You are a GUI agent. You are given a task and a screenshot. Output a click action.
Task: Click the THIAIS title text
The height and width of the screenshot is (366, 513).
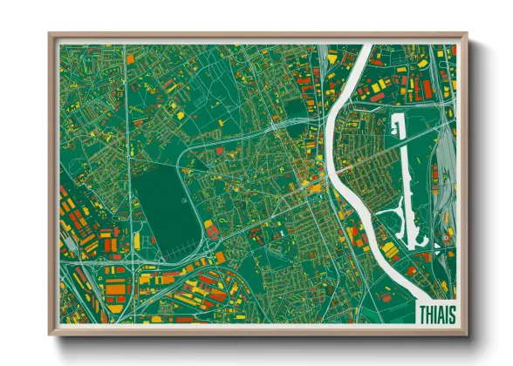(436, 312)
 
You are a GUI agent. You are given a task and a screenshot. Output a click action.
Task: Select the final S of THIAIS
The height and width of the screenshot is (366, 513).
(452, 312)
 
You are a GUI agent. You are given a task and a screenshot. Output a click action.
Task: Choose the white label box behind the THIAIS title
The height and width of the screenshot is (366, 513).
(436, 311)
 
